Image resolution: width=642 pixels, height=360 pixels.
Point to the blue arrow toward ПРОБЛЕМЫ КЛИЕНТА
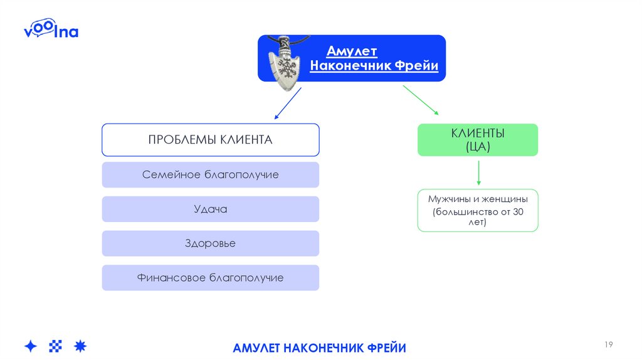[x=287, y=103]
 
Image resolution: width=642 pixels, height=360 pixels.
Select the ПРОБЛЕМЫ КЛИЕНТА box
[x=211, y=139]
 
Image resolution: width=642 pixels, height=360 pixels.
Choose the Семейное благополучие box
[x=211, y=174]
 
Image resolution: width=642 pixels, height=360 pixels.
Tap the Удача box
[x=211, y=209]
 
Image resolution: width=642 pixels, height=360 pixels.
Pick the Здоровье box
[x=211, y=243]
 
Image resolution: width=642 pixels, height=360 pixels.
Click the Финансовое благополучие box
[x=211, y=277]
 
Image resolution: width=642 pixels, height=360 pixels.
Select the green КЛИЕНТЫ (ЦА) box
[x=478, y=140]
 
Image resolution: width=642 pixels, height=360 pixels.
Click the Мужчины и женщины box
[x=478, y=210]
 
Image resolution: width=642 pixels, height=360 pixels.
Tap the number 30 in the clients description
[x=517, y=211]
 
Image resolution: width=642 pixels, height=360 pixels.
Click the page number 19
[x=608, y=344]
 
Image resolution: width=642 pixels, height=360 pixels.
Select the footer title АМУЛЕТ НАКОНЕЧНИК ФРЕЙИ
[x=320, y=347]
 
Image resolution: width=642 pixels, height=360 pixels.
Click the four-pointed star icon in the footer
[x=31, y=346]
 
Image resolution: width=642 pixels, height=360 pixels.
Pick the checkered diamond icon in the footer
[x=56, y=346]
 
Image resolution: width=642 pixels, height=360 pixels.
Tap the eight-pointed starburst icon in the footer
[x=80, y=346]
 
